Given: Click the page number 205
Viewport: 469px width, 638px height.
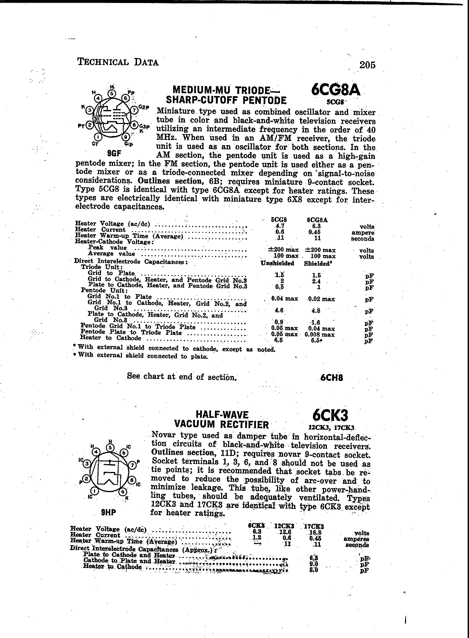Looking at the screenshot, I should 367,64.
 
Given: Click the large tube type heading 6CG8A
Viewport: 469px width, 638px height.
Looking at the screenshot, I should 335,89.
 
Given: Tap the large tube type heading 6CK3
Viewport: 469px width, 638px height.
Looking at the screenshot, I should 330,415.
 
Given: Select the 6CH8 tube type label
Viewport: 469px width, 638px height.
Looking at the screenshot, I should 331,378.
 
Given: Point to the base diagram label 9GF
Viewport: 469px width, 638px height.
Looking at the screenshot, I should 114,154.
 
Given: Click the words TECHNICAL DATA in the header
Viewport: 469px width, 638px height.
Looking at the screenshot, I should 118,62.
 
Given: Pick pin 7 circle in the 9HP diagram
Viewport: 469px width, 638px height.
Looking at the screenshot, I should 132,465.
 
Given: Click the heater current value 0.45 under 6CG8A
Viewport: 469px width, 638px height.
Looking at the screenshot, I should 315,232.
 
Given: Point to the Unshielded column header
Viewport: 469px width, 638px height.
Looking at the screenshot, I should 277,263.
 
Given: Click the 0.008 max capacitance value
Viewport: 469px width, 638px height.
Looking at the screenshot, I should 319,334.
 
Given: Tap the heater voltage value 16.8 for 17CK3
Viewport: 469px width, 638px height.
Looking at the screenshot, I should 315,532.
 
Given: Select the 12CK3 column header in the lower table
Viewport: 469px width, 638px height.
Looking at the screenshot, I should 284,526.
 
